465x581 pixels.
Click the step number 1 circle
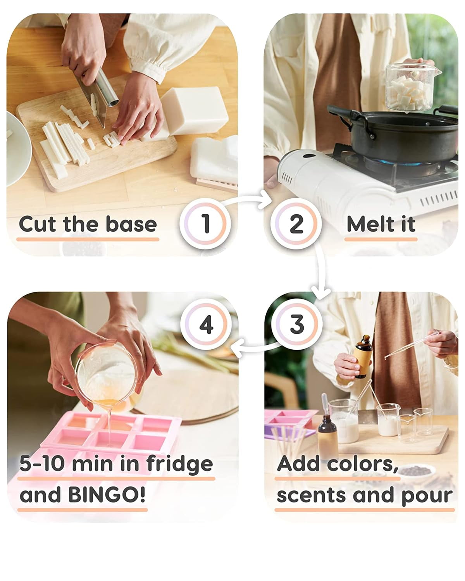coord(205,223)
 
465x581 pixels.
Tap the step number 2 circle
coord(296,223)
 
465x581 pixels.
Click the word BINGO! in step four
coord(107,495)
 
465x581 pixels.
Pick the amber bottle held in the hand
coord(363,356)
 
